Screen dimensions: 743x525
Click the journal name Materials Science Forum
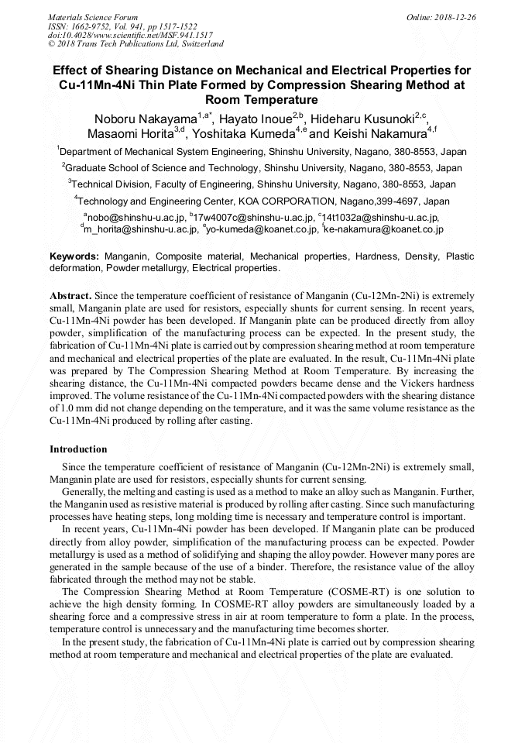(x=93, y=16)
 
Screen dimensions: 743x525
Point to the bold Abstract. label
(x=70, y=296)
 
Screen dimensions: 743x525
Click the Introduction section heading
(x=78, y=449)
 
